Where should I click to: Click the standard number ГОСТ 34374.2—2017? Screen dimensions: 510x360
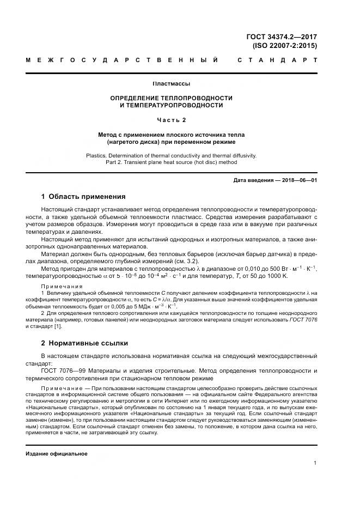[x=282, y=37]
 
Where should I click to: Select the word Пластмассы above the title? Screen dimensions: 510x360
[x=171, y=84]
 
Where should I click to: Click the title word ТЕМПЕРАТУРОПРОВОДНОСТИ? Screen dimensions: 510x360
[x=171, y=105]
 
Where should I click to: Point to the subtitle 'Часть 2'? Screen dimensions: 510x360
[x=171, y=119]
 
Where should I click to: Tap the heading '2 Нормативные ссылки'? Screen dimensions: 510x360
[x=84, y=343]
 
